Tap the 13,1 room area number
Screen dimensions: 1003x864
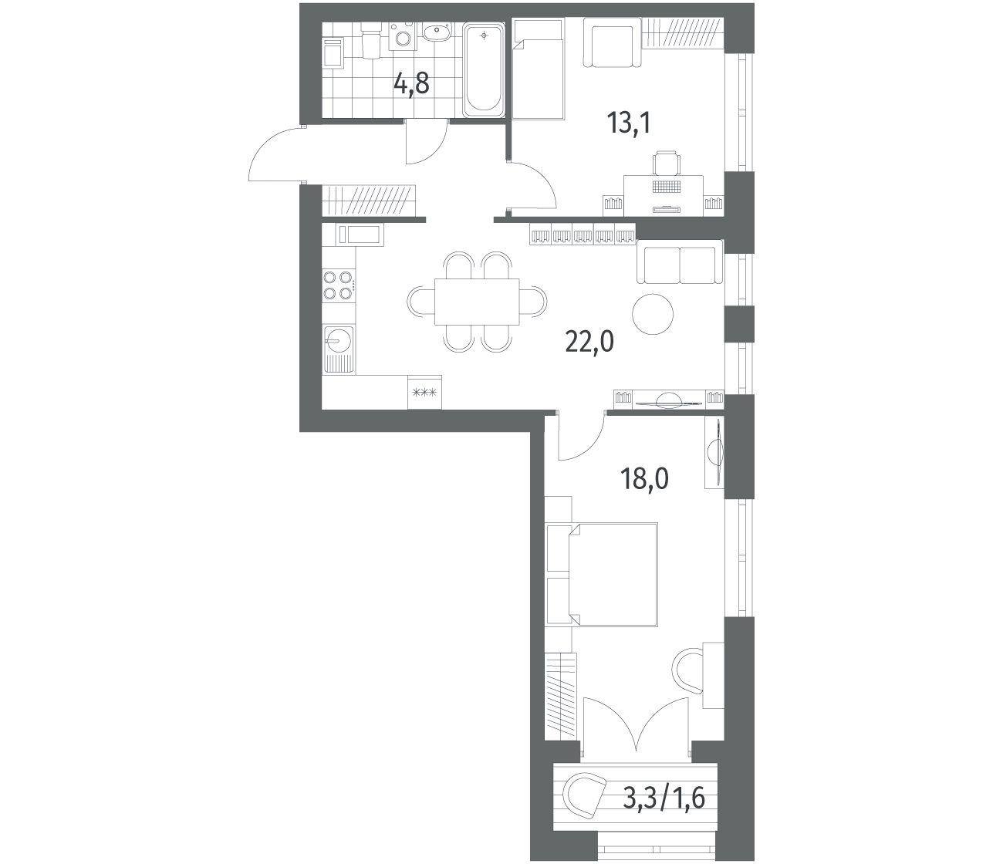point(629,123)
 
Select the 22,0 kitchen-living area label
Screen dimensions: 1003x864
point(589,342)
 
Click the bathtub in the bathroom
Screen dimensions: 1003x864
point(483,70)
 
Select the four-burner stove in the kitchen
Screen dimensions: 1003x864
point(338,285)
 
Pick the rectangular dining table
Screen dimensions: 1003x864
point(477,302)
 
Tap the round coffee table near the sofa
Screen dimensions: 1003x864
point(653,314)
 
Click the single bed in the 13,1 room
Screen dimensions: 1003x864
point(538,69)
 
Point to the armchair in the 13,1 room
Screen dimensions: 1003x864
point(613,42)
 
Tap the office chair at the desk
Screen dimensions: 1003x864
point(666,164)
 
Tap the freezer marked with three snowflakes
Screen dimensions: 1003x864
point(424,392)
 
